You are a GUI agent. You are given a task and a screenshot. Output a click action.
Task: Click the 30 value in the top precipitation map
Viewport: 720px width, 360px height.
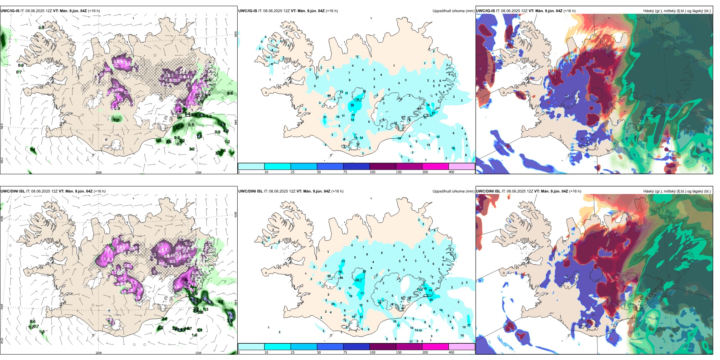352,105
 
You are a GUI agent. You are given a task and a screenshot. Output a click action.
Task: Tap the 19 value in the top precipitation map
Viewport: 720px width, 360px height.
453,149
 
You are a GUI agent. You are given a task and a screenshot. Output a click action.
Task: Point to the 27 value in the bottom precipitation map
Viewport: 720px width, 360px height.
469,325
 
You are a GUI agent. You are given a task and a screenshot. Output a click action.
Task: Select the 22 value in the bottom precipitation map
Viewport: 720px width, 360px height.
361,317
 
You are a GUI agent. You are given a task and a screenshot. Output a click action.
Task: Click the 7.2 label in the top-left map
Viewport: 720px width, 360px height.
200,136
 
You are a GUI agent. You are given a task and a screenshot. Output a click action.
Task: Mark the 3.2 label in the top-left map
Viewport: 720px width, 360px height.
192,149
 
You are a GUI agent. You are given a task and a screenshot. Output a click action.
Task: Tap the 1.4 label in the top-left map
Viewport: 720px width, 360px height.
33,150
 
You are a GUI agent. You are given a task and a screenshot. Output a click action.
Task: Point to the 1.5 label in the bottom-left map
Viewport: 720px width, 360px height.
42,332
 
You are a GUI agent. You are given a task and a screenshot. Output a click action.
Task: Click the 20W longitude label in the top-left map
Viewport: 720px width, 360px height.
99,172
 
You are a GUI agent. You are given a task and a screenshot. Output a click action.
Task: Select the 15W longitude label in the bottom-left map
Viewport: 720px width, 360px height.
198,353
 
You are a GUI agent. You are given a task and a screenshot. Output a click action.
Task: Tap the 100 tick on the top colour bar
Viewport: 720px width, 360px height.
373,172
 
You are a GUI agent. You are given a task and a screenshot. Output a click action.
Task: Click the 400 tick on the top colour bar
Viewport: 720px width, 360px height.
451,172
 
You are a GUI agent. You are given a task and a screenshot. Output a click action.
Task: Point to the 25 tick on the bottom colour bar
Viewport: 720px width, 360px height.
293,352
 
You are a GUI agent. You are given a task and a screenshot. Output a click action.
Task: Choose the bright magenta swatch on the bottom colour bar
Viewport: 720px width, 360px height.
435,346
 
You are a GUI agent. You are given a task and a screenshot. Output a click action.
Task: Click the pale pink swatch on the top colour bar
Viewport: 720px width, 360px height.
462,166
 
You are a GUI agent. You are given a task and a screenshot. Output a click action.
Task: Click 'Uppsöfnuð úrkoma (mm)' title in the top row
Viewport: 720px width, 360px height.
453,11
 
